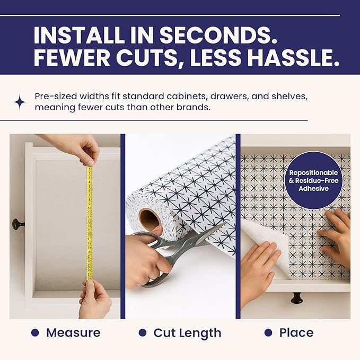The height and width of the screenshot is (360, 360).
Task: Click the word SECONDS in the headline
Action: click(x=218, y=35)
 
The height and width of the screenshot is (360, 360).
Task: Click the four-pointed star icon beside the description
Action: click(x=20, y=102)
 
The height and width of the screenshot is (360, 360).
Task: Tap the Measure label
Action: click(x=73, y=332)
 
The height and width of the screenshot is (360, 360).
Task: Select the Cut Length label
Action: click(x=187, y=333)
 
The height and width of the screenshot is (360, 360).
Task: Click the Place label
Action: click(x=296, y=332)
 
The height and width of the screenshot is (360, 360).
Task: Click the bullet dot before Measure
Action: click(x=35, y=332)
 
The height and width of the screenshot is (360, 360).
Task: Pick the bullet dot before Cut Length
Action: click(x=143, y=332)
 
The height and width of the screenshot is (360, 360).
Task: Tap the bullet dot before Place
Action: click(x=268, y=332)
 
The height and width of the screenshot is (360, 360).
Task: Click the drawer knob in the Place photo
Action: click(x=296, y=298)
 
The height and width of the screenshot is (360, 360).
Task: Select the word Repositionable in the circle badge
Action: click(x=313, y=173)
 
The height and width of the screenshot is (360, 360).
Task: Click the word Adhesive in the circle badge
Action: click(x=313, y=189)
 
